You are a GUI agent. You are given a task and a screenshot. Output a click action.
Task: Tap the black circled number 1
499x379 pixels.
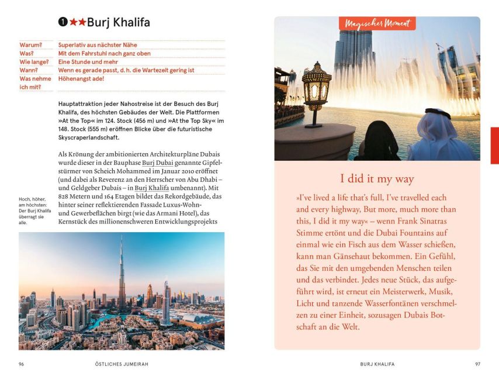pyautogui.click(x=63, y=23)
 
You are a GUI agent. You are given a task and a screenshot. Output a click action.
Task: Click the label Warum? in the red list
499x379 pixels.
pyautogui.click(x=31, y=44)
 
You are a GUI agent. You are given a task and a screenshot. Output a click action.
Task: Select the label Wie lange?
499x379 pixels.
pyautogui.click(x=34, y=61)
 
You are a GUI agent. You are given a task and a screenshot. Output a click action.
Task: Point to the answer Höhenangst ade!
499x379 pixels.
pyautogui.click(x=81, y=78)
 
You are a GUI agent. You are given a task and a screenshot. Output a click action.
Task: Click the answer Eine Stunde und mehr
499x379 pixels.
pyautogui.click(x=87, y=61)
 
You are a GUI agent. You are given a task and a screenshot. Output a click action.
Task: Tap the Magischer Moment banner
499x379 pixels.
pyautogui.click(x=377, y=23)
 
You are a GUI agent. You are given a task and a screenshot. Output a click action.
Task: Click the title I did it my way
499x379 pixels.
pyautogui.click(x=377, y=179)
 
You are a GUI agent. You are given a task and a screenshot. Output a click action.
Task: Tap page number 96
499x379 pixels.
pyautogui.click(x=22, y=364)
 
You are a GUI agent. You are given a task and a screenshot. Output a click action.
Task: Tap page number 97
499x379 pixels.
pyautogui.click(x=477, y=364)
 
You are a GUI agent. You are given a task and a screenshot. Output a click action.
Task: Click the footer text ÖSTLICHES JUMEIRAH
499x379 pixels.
pyautogui.click(x=122, y=364)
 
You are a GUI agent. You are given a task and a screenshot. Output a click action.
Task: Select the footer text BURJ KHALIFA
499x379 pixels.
pyautogui.click(x=377, y=364)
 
